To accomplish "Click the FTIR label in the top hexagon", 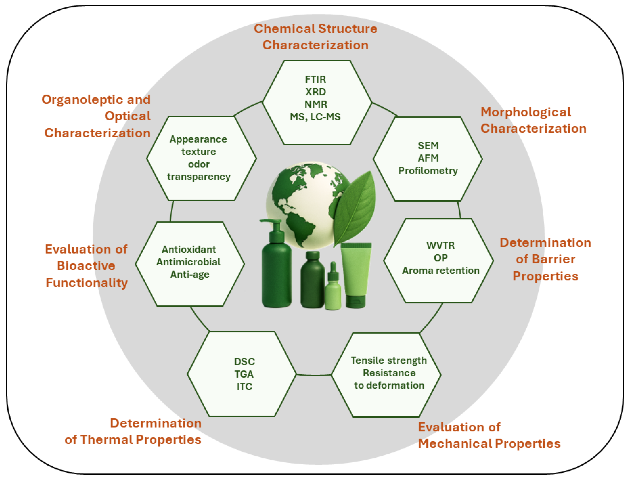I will [315, 79].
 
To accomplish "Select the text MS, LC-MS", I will [315, 117].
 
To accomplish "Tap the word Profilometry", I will [428, 170].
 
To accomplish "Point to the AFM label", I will [428, 158].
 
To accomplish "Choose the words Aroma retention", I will [441, 270].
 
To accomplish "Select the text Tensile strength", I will [389, 360].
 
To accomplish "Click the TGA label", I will [244, 374].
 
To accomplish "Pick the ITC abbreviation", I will [244, 387].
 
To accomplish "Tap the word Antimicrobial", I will [189, 262].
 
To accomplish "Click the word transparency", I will [199, 177].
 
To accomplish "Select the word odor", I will [199, 164].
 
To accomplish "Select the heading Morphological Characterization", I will [533, 120].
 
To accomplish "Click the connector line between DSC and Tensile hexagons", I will [314, 375].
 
